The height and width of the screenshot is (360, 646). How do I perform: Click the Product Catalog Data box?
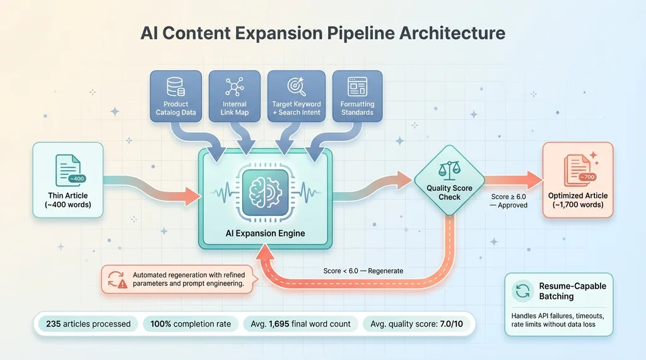point(176,96)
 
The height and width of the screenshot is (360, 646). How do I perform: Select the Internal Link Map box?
point(235,96)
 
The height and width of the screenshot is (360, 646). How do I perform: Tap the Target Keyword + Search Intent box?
point(296,96)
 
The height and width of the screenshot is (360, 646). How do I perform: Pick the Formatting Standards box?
point(357,96)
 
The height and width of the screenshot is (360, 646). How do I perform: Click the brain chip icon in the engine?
point(265,192)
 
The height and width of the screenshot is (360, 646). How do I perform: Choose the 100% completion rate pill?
point(191,324)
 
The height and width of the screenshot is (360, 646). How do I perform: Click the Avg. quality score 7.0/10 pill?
point(416,324)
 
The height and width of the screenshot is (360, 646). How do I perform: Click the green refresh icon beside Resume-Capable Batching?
point(522,291)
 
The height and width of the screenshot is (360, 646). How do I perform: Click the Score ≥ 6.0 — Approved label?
point(508,200)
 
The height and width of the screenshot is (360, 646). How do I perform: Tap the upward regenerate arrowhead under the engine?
point(265,251)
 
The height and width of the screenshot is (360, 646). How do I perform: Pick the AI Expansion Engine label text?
point(265,233)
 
